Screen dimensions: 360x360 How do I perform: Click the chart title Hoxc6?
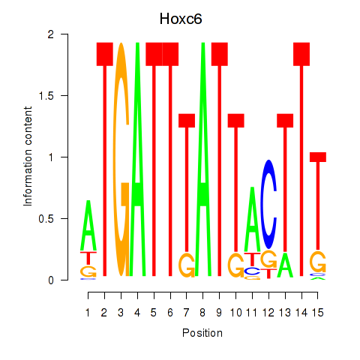181,19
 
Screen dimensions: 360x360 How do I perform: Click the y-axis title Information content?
28,157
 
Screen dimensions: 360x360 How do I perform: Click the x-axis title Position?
202,333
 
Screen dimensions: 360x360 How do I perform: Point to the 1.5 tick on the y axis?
64,95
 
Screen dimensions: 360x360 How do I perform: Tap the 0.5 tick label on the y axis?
46,219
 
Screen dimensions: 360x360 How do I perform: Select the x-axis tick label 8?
202,313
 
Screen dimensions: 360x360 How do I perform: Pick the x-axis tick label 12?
268,313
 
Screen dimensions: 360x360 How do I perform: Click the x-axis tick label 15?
318,313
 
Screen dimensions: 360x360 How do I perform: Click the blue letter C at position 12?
268,204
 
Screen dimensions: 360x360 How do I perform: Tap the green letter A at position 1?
88,225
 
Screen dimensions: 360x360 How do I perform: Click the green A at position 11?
252,219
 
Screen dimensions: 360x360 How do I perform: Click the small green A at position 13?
285,265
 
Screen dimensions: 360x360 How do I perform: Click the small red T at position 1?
88,258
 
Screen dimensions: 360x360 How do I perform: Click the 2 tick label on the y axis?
51,34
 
